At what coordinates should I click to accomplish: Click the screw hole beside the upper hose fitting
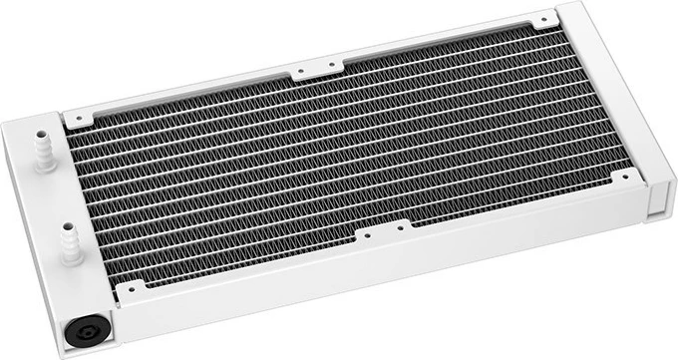(x=77, y=118)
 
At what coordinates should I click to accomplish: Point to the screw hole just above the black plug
(x=128, y=289)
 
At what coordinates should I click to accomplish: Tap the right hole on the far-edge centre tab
(x=326, y=68)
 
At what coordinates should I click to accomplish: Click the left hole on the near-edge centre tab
(x=367, y=238)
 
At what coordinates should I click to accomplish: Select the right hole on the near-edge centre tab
(x=398, y=231)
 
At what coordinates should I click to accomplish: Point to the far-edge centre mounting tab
(x=311, y=71)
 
